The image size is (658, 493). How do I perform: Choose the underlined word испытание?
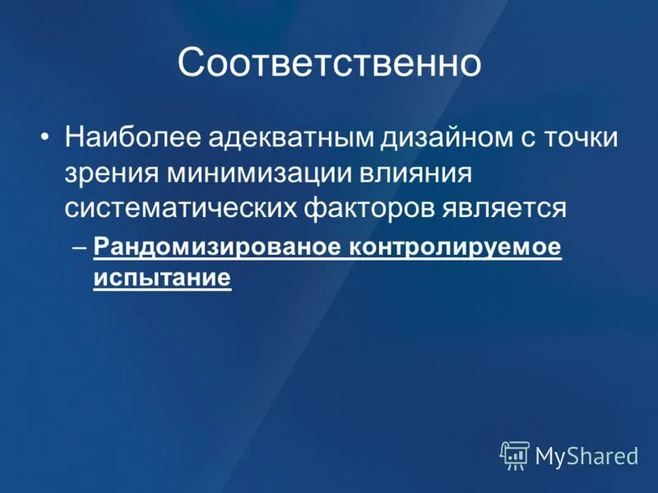point(162,278)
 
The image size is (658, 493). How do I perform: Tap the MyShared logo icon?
point(515,455)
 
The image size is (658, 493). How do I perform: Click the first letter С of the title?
point(192,64)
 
